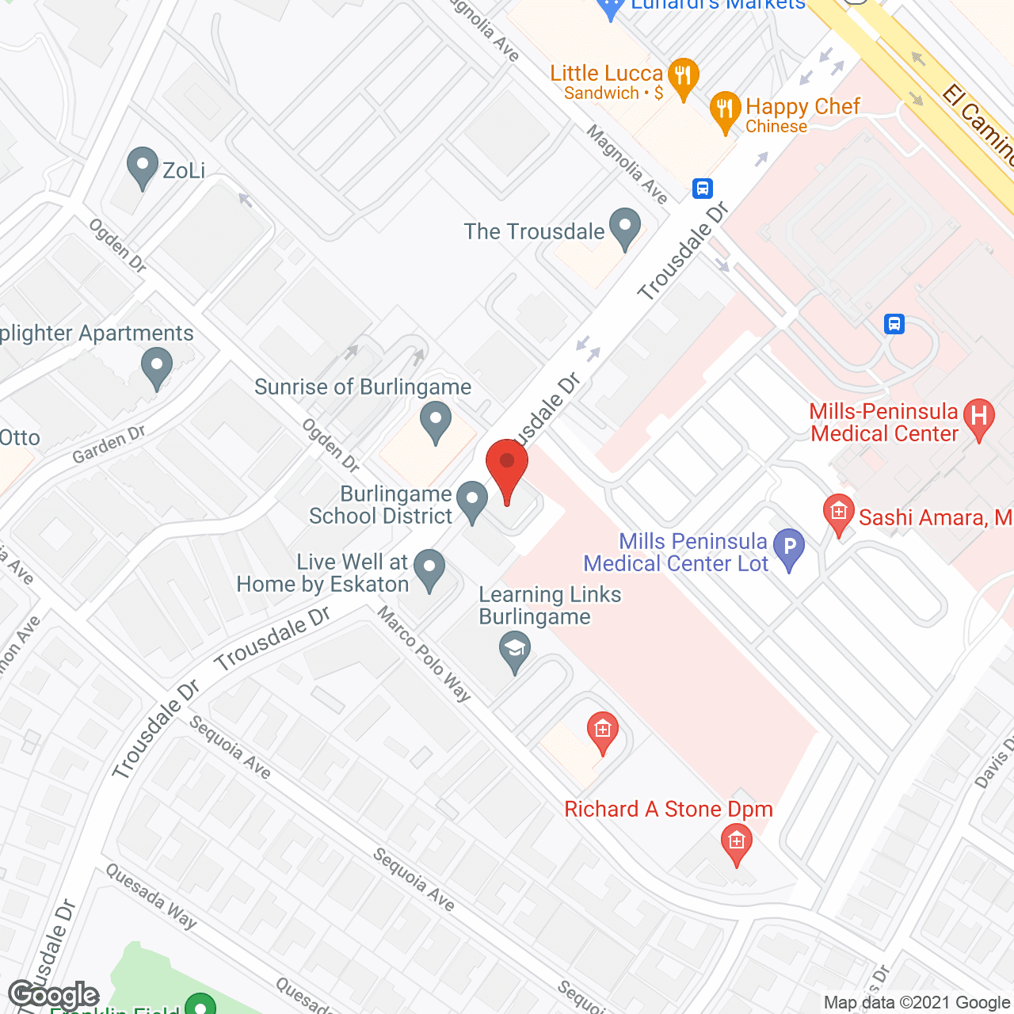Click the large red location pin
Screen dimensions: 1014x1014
[507, 467]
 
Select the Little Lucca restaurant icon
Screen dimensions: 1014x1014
[682, 78]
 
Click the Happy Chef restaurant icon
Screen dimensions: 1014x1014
[725, 111]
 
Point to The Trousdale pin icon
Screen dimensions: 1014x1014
[625, 228]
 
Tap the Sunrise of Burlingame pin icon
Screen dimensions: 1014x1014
[435, 421]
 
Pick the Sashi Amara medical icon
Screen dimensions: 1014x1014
[838, 514]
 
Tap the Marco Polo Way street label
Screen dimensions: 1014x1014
[425, 654]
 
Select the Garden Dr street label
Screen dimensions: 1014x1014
[109, 444]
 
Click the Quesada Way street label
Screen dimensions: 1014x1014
[151, 896]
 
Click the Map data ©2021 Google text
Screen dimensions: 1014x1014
[917, 1003]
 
